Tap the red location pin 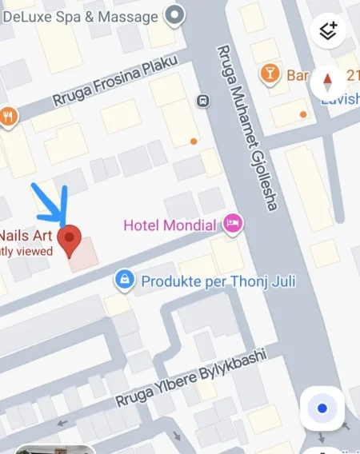pos(72,239)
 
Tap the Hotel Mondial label pos(170,225)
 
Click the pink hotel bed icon pos(233,224)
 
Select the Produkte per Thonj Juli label pos(207,281)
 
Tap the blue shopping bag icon pos(123,280)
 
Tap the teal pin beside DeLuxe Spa pos(174,14)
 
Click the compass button pos(326,81)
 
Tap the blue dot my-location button pos(322,408)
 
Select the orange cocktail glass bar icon pos(270,75)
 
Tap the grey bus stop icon pos(203,101)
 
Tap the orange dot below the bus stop pos(194,141)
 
